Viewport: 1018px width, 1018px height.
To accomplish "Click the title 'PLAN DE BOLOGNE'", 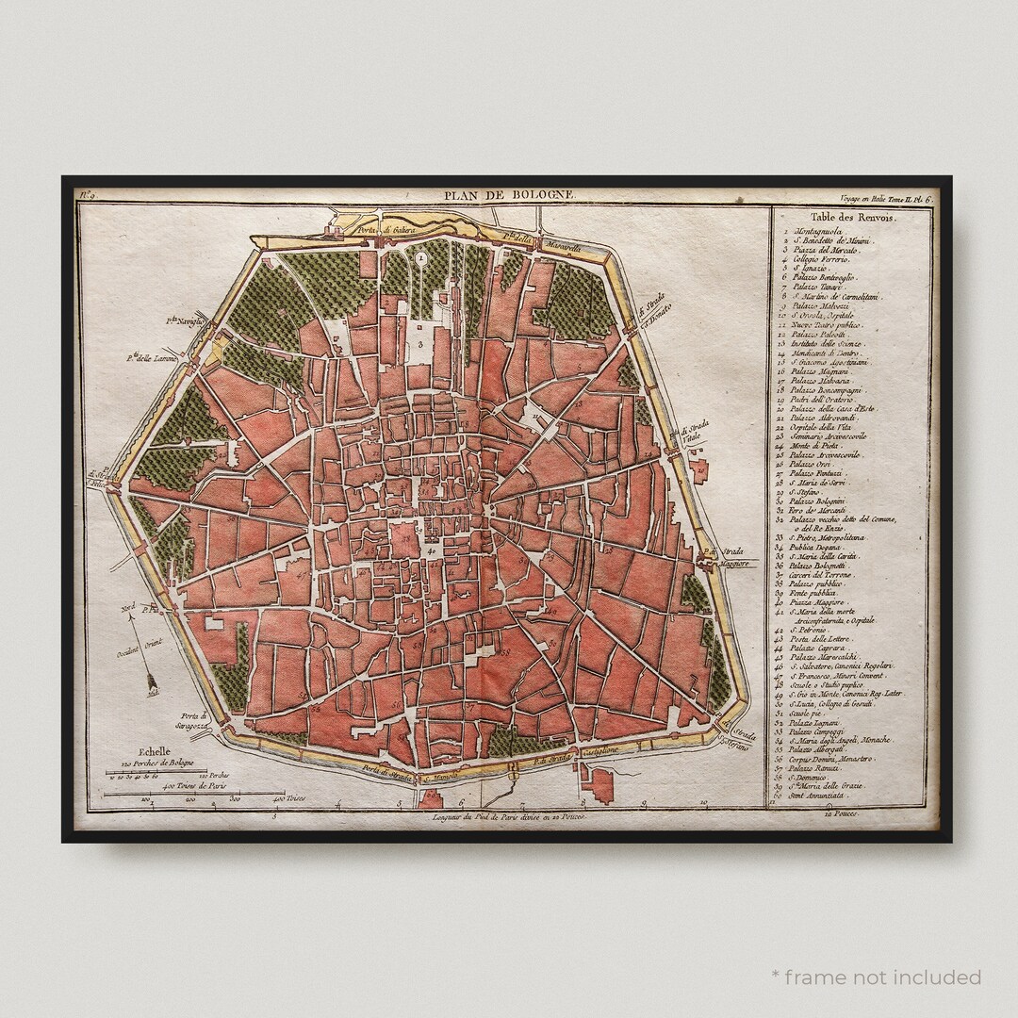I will coord(509,195).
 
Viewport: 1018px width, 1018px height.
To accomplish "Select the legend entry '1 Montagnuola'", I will coord(818,230).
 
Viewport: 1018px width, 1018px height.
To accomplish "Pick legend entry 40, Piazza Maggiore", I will coord(819,602).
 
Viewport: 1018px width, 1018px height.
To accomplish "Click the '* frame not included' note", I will coord(876,977).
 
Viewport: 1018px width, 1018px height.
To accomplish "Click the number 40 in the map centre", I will coord(430,550).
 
